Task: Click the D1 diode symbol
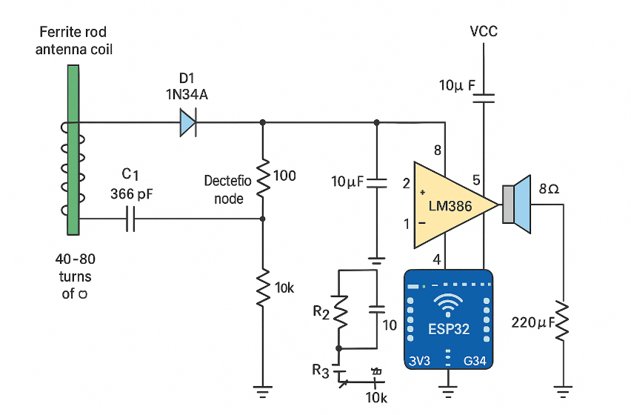point(187,122)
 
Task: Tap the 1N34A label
point(187,94)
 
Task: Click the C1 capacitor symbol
point(130,219)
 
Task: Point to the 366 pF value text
point(130,194)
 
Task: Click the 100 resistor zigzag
point(262,176)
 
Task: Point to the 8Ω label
point(549,189)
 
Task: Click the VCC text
point(484,31)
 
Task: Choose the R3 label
point(321,371)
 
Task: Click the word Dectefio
point(228,182)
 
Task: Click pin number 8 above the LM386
point(438,150)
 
